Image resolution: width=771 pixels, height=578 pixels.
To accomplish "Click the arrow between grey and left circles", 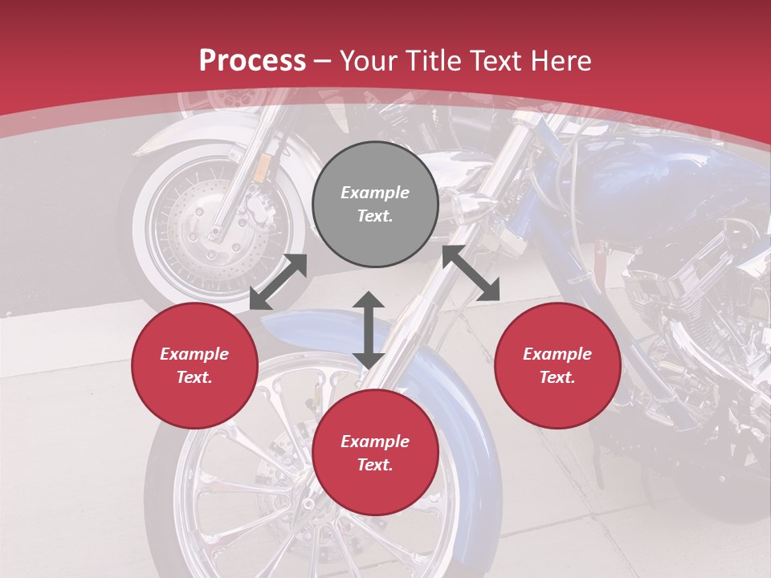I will click(x=278, y=282).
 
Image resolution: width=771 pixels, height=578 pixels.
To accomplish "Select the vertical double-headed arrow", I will click(x=369, y=330).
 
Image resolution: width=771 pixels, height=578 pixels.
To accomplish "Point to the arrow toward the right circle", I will click(x=471, y=273).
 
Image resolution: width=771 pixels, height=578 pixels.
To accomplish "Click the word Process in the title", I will click(x=252, y=60).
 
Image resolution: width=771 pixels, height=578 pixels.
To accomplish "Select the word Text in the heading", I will click(x=498, y=60).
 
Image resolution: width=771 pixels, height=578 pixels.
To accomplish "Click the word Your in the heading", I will click(x=369, y=60).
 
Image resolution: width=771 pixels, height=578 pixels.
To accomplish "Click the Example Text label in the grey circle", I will click(x=375, y=204).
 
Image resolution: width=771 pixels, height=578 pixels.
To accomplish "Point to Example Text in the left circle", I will click(x=194, y=365).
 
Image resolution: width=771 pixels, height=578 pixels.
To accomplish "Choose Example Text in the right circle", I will click(x=557, y=365).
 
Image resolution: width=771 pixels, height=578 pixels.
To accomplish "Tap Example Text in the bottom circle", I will click(x=375, y=453).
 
